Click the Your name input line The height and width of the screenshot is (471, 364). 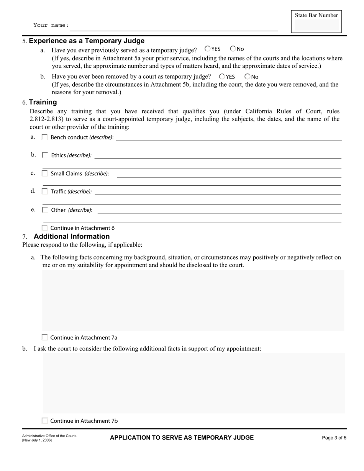(x=174, y=27)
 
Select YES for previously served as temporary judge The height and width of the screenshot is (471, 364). (x=208, y=49)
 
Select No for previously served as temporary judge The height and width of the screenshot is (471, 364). (x=233, y=49)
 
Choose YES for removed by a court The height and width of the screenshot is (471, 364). (x=222, y=76)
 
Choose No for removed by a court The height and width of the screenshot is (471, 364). (x=247, y=76)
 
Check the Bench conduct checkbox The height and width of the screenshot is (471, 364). (x=45, y=137)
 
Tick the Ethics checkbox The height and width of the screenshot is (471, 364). (x=45, y=155)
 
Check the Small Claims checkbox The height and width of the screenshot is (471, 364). (x=45, y=173)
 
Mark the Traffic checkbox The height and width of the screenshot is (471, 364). (x=45, y=191)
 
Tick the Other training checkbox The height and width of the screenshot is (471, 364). (x=45, y=210)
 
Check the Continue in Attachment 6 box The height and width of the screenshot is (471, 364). (x=45, y=228)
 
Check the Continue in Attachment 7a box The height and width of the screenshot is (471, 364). (x=45, y=337)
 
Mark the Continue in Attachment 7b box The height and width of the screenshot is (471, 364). (x=45, y=420)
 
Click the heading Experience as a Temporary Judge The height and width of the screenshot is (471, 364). (x=87, y=41)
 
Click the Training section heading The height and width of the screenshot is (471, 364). (x=43, y=102)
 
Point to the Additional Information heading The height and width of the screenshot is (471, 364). (x=72, y=237)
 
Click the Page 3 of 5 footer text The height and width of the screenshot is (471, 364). (x=334, y=438)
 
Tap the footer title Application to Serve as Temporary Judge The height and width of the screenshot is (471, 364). (x=182, y=438)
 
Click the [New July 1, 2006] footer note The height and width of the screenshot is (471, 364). (x=37, y=440)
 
